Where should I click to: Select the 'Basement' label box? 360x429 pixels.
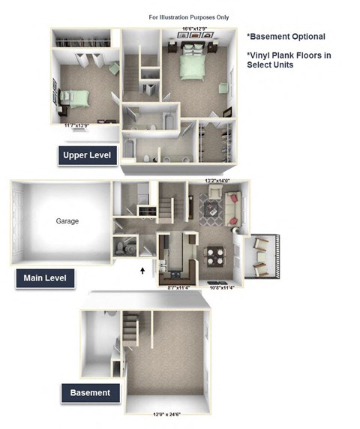click(91, 392)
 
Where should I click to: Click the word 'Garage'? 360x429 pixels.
click(67, 221)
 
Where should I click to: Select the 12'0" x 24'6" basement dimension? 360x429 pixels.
click(165, 414)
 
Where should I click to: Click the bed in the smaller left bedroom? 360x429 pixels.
click(74, 97)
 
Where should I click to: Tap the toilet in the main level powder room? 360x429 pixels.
click(130, 247)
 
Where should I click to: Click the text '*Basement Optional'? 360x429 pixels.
click(286, 35)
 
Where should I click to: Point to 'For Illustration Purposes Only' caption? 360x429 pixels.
click(190, 16)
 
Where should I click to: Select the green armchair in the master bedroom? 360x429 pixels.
click(224, 88)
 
